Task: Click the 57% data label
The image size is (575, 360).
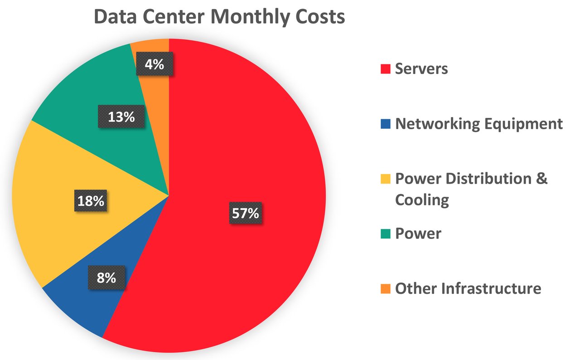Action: (246, 213)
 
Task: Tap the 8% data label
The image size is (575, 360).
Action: (106, 277)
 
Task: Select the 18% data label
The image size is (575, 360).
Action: (91, 200)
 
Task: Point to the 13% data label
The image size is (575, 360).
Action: (121, 117)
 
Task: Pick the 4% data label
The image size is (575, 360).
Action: (155, 64)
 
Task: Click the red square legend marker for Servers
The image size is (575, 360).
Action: (385, 69)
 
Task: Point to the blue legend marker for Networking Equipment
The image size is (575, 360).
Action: (385, 124)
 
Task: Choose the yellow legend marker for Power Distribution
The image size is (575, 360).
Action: (385, 179)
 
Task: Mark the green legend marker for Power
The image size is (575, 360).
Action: (385, 234)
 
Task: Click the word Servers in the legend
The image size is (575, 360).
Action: (421, 69)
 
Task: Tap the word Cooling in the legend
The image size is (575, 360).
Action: (422, 199)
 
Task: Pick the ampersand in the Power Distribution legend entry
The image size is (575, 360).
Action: (542, 178)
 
